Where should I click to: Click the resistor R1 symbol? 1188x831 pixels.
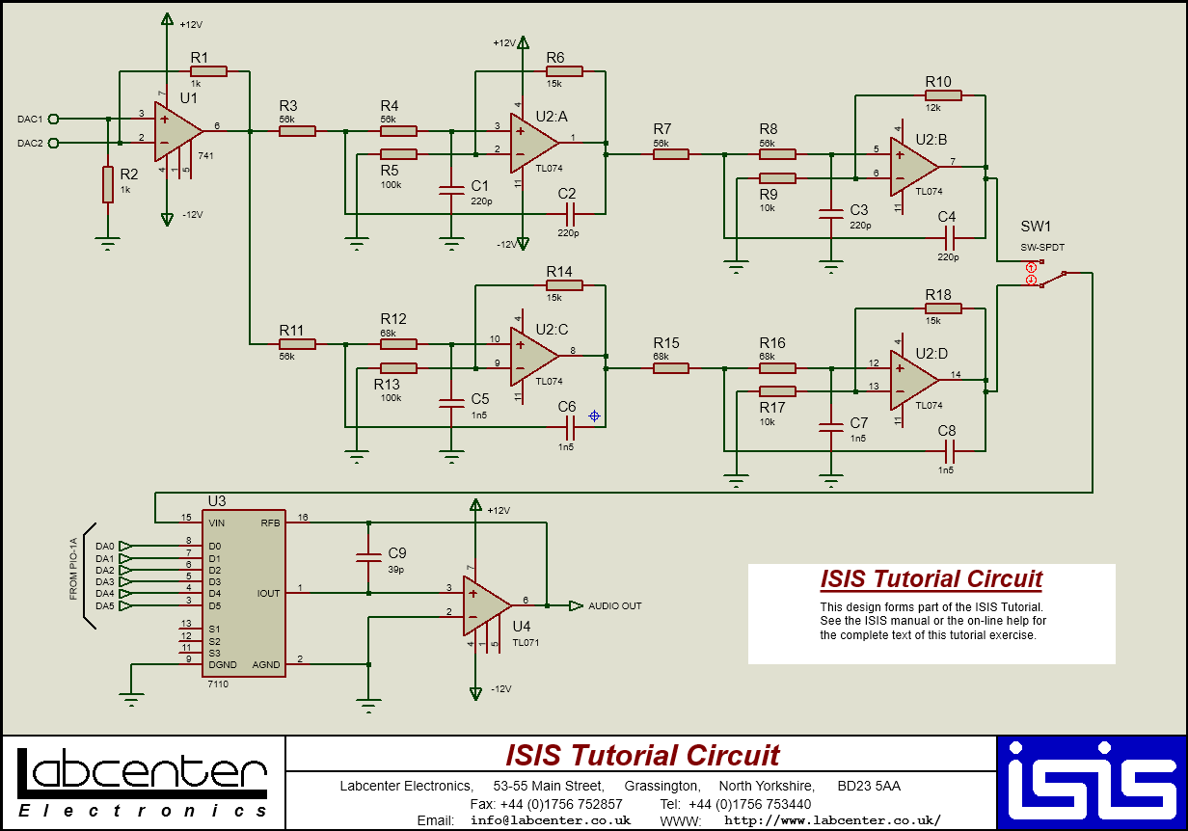coord(208,70)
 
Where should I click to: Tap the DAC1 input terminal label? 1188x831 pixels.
coord(30,120)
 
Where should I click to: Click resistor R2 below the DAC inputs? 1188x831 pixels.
coord(108,184)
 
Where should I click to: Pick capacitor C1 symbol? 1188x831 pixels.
coord(450,191)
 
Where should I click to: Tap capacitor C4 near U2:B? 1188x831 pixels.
coord(949,236)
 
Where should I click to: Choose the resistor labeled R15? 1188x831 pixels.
coord(671,367)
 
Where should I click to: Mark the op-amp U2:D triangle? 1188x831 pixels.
coord(912,378)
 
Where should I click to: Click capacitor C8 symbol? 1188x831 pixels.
coord(949,450)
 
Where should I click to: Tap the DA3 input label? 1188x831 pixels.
coord(105,582)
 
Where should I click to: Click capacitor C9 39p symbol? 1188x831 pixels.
coord(368,556)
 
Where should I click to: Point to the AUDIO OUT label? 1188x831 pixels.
coord(615,606)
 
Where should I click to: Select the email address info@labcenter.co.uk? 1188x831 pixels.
coord(551,820)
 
